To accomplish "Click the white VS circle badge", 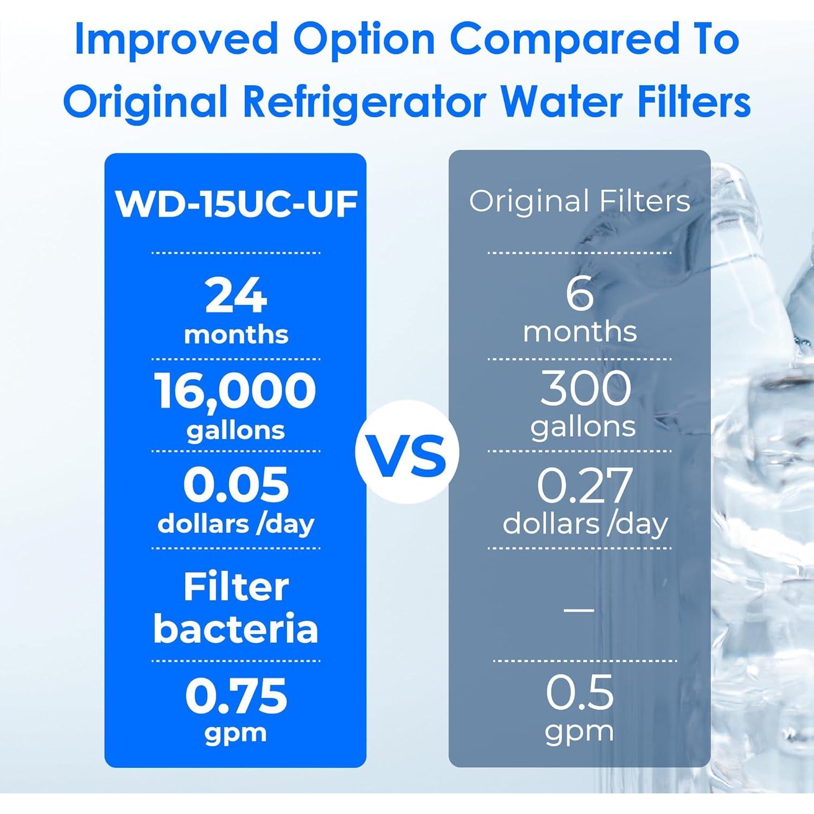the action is pyautogui.click(x=408, y=452).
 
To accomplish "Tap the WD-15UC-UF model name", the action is pyautogui.click(x=236, y=204).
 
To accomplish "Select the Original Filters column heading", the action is pyautogui.click(x=580, y=201).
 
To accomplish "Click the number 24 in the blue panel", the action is pyautogui.click(x=236, y=295).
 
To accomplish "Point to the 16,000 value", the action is pyautogui.click(x=235, y=391).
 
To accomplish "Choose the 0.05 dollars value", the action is pyautogui.click(x=236, y=485).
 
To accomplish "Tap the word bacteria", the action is pyautogui.click(x=236, y=628).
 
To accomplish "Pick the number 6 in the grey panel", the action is pyautogui.click(x=580, y=294).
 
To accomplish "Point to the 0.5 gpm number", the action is pyautogui.click(x=580, y=692).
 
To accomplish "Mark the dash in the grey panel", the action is pyautogui.click(x=579, y=609).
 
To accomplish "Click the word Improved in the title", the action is pyautogui.click(x=177, y=40).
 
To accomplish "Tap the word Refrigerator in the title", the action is pyautogui.click(x=364, y=101).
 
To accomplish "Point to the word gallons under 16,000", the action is pyautogui.click(x=236, y=431).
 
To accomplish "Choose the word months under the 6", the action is pyautogui.click(x=580, y=332).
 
